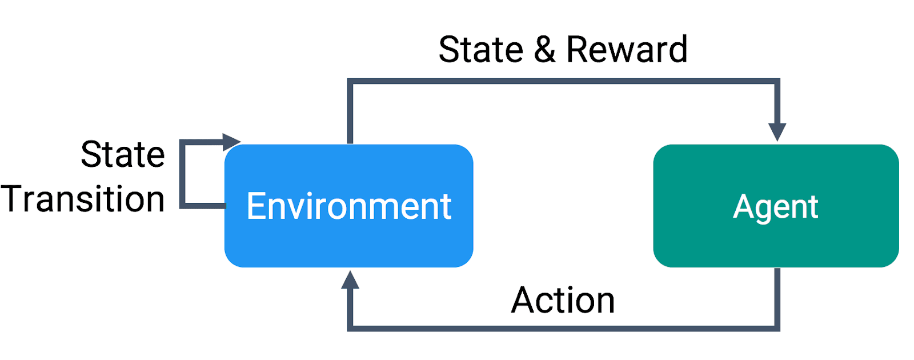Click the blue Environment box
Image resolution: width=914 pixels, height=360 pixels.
tap(349, 206)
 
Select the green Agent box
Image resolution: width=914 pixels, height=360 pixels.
tap(776, 206)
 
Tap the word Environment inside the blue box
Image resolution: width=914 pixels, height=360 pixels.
tap(349, 206)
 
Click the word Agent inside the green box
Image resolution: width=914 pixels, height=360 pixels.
tap(775, 208)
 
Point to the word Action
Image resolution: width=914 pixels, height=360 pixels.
tap(563, 300)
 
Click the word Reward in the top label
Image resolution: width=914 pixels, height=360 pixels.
tap(627, 49)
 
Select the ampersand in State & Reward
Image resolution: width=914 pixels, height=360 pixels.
tap(545, 49)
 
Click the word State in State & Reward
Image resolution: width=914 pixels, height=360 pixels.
tap(480, 49)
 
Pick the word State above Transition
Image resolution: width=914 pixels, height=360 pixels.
tap(123, 154)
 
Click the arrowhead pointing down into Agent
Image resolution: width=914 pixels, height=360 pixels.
tap(777, 132)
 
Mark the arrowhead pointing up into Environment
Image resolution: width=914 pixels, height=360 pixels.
tap(350, 279)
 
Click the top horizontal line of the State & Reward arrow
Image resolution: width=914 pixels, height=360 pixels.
tap(563, 81)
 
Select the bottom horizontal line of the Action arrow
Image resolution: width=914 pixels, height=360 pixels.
tap(563, 329)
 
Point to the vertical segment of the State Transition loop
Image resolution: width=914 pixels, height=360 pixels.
tap(182, 174)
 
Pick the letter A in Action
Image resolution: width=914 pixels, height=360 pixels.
tap(523, 300)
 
